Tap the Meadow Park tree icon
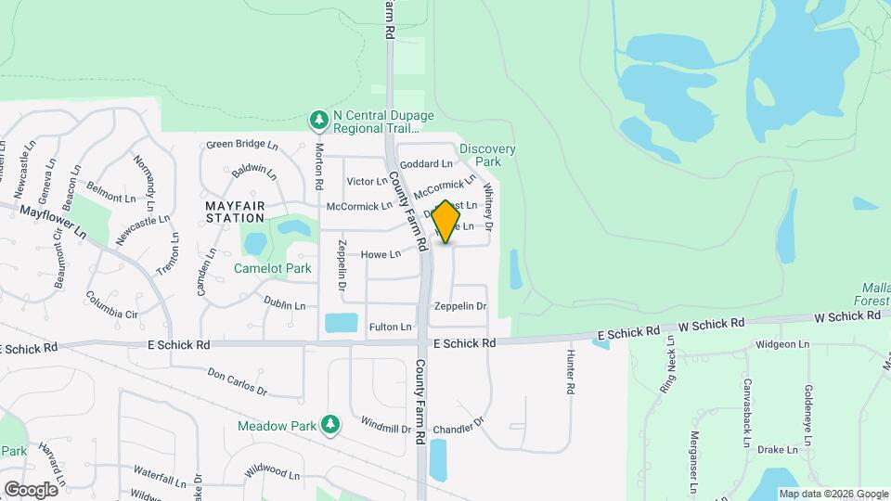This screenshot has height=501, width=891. pyautogui.click(x=329, y=425)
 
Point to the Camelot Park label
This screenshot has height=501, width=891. pyautogui.click(x=273, y=268)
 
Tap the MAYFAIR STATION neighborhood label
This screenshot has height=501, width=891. pyautogui.click(x=236, y=210)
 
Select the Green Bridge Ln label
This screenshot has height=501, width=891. pyautogui.click(x=242, y=145)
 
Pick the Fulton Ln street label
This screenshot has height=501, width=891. pyautogui.click(x=390, y=327)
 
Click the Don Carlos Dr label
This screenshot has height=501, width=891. pyautogui.click(x=237, y=384)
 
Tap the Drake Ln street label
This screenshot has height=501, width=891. pyautogui.click(x=777, y=450)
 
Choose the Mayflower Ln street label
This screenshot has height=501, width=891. pyautogui.click(x=52, y=224)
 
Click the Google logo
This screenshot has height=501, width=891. pyautogui.click(x=31, y=489)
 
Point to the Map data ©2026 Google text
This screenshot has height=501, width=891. pyautogui.click(x=833, y=494)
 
